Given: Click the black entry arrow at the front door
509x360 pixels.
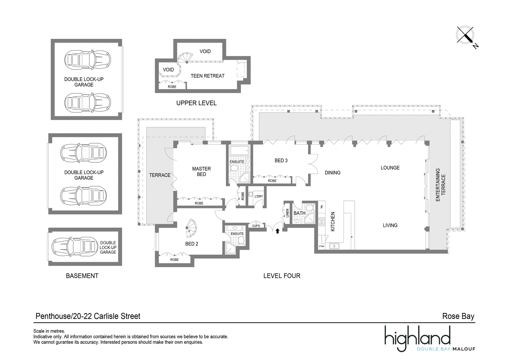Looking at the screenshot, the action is [x=277, y=231].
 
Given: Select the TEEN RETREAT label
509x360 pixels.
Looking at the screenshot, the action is [x=207, y=76].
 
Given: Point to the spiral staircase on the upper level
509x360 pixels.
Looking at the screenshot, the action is [x=185, y=58].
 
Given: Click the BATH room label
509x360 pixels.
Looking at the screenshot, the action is [x=299, y=213].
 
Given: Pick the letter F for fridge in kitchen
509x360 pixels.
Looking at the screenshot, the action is [x=322, y=207].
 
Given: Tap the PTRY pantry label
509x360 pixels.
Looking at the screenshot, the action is [x=322, y=246].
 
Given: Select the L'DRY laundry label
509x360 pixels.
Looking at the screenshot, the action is [x=259, y=196].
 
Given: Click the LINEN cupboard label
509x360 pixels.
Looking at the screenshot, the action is [x=287, y=213].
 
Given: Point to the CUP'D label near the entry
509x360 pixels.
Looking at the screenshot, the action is [x=256, y=226].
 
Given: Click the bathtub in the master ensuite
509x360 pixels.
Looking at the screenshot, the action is [x=240, y=151].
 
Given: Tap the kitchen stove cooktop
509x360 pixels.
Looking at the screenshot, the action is [x=322, y=222].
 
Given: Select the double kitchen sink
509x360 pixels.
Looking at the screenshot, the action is [x=334, y=246].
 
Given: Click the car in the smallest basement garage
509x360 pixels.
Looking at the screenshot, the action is [x=75, y=247].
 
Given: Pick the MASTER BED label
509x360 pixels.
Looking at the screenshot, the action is [x=201, y=172].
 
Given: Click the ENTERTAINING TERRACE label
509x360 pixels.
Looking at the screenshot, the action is [x=440, y=185].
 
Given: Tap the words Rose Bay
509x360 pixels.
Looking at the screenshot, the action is [x=458, y=316].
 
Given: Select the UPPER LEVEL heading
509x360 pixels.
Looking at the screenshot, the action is [x=196, y=103].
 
